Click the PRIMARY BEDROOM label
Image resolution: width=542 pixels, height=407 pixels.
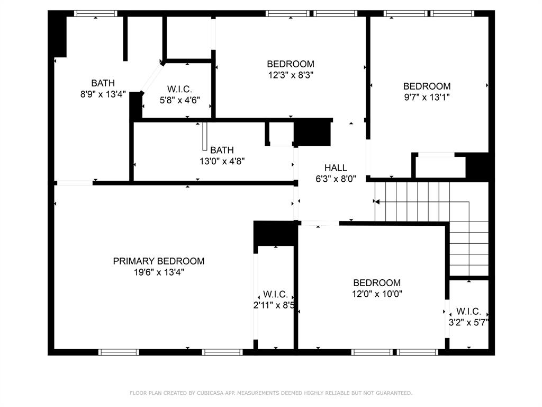point(159,261)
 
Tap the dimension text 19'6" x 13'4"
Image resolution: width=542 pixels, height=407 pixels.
point(159,272)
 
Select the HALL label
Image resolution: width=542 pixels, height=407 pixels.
point(336,168)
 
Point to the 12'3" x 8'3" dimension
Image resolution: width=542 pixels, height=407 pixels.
point(291,75)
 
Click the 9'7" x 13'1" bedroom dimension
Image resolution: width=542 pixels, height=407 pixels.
point(427,98)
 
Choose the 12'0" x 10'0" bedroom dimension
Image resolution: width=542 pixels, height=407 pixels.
point(377,294)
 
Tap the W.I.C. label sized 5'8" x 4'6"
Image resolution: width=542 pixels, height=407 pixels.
point(179,89)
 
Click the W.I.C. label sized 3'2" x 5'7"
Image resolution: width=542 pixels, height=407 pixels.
point(468,311)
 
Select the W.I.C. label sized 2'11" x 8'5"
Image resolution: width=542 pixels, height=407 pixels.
point(275,294)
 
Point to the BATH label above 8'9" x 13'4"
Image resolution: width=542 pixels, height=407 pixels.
point(103,83)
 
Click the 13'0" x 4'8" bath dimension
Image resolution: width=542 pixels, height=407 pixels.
point(222,161)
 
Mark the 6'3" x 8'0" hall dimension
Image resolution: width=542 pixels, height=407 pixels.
point(336,179)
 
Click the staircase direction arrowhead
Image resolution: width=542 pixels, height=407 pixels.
point(377,202)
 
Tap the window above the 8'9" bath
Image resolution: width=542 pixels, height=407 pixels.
point(96,13)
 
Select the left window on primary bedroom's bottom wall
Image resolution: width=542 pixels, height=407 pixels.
point(119,352)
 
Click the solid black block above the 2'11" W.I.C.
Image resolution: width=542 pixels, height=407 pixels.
point(275,233)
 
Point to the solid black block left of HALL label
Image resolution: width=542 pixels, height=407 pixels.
point(312,132)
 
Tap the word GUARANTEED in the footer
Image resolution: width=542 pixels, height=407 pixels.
point(394,393)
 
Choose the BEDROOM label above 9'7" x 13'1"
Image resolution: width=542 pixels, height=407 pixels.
point(427,86)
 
